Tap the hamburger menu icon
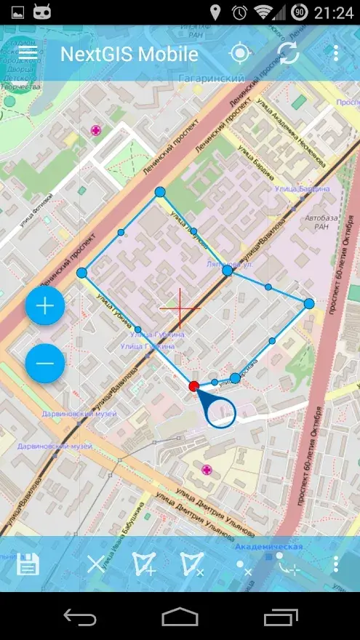pyautogui.click(x=28, y=53)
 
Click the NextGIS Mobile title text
pyautogui.click(x=129, y=55)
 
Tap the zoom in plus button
pyautogui.click(x=45, y=306)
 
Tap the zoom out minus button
pyautogui.click(x=45, y=363)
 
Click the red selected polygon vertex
pyautogui.click(x=193, y=386)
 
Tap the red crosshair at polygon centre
pyautogui.click(x=180, y=308)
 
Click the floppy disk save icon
pyautogui.click(x=28, y=564)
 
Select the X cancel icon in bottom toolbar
pyautogui.click(x=96, y=564)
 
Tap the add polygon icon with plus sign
pyautogui.click(x=144, y=564)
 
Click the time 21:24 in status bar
pyautogui.click(x=334, y=12)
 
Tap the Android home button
pyautogui.click(x=180, y=617)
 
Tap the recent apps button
pyautogui.click(x=281, y=617)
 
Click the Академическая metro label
pyautogui.click(x=268, y=545)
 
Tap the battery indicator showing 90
pyautogui.click(x=299, y=12)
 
